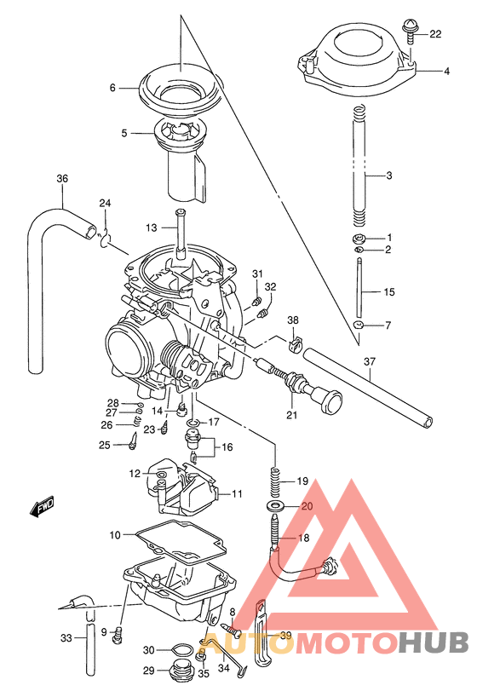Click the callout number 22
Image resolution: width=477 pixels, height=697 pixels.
[x=435, y=35]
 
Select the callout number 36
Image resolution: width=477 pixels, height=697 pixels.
[x=61, y=179]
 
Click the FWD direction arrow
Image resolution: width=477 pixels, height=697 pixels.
[x=42, y=510]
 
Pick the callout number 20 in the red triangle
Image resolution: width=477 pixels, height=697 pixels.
[x=307, y=507]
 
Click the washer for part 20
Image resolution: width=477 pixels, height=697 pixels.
[x=276, y=508]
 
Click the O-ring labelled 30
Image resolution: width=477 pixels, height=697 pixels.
[x=181, y=650]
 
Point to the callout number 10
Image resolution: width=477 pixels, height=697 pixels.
[x=116, y=535]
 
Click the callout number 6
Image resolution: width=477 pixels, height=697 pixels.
[x=111, y=87]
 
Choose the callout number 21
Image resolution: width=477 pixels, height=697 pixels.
[x=292, y=415]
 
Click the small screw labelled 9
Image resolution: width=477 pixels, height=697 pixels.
[x=119, y=632]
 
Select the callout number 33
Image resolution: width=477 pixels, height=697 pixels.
[x=66, y=637]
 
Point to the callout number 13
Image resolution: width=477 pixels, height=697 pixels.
[x=151, y=228]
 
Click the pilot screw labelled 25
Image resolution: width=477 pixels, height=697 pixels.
[x=134, y=441]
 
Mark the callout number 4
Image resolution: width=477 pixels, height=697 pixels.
[x=445, y=72]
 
